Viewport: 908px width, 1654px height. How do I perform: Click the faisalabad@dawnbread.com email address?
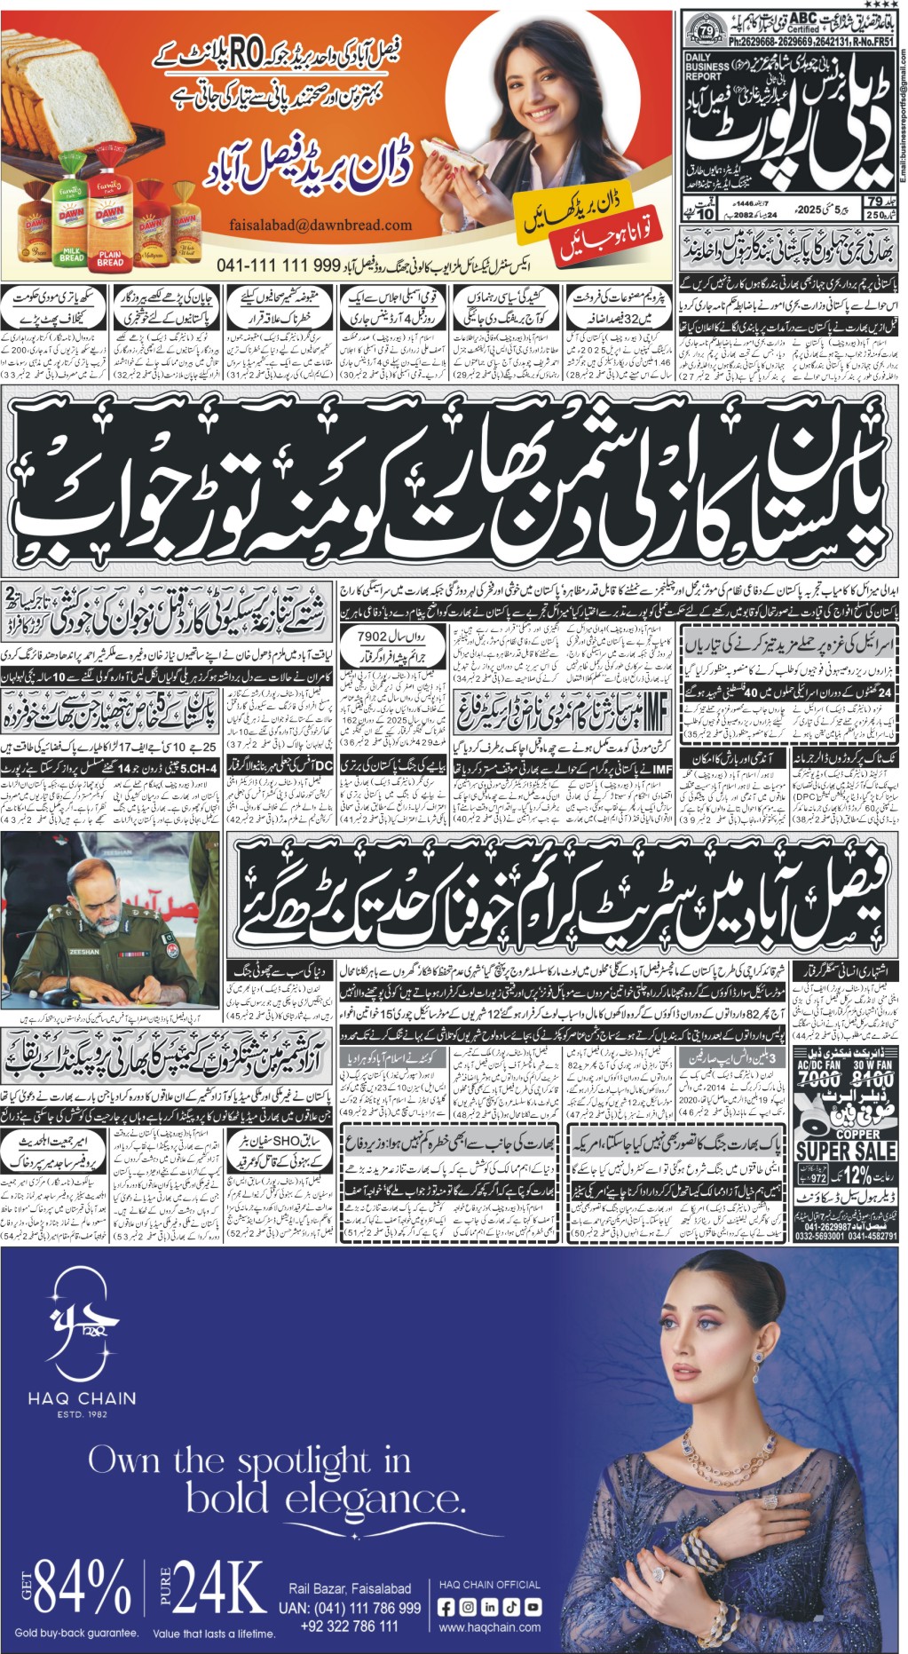pyautogui.click(x=320, y=225)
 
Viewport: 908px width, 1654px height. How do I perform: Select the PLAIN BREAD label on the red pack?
pyautogui.click(x=110, y=257)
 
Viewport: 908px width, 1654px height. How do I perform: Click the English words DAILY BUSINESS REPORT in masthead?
pyautogui.click(x=709, y=67)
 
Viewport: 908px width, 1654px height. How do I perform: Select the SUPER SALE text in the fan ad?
pyautogui.click(x=845, y=1150)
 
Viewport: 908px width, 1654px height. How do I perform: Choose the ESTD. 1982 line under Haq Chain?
pyautogui.click(x=82, y=1414)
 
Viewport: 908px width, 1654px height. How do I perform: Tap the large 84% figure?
pyautogui.click(x=83, y=1586)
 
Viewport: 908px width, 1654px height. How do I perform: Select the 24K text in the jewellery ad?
pyautogui.click(x=217, y=1586)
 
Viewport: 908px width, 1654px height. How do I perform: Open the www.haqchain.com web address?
pyautogui.click(x=489, y=1627)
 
